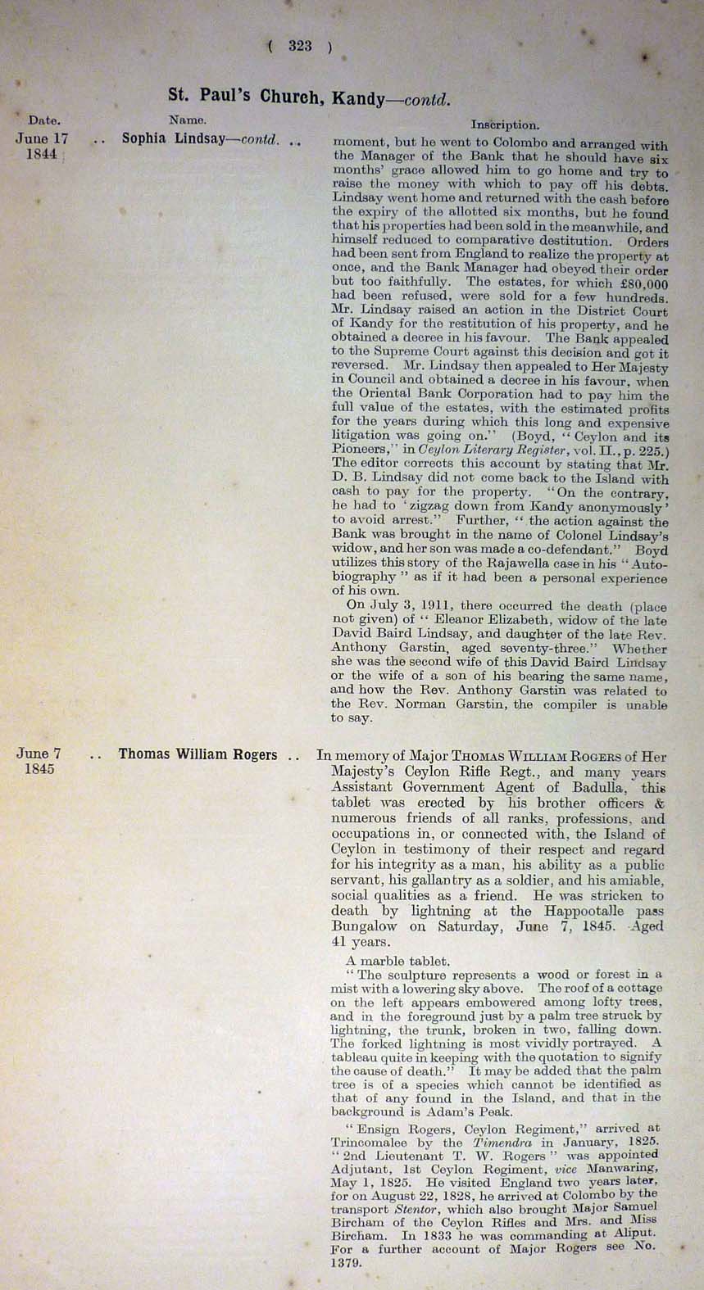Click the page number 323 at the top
[x=300, y=47]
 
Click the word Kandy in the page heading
[x=357, y=98]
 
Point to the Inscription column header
[x=505, y=125]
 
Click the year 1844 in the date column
[x=42, y=154]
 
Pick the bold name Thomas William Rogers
[x=198, y=754]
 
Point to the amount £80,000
[x=641, y=283]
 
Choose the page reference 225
[x=652, y=451]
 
